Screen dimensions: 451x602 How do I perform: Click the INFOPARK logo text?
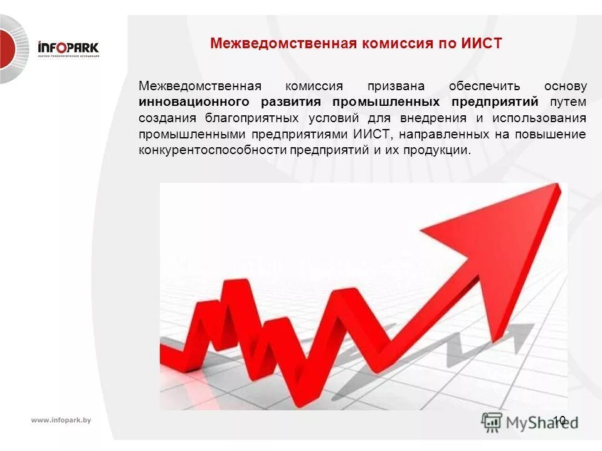click(x=68, y=47)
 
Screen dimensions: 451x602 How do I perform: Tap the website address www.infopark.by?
click(x=61, y=420)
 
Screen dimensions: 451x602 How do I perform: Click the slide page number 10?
click(x=559, y=420)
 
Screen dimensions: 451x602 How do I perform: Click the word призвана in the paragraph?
click(x=396, y=86)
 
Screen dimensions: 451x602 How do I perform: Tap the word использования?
click(x=539, y=118)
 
